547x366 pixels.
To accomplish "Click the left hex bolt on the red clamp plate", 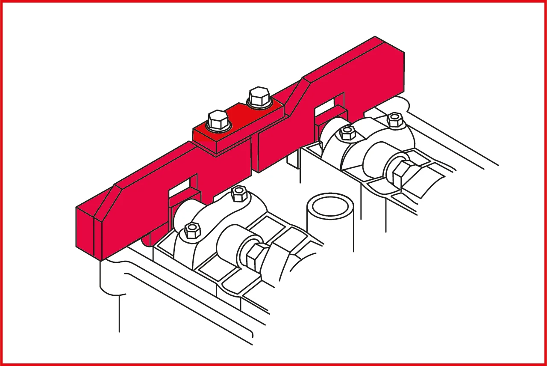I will (x=217, y=120).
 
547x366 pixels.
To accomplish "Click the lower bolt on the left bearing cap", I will (x=192, y=230).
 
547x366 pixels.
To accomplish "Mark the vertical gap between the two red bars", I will (x=253, y=154).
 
